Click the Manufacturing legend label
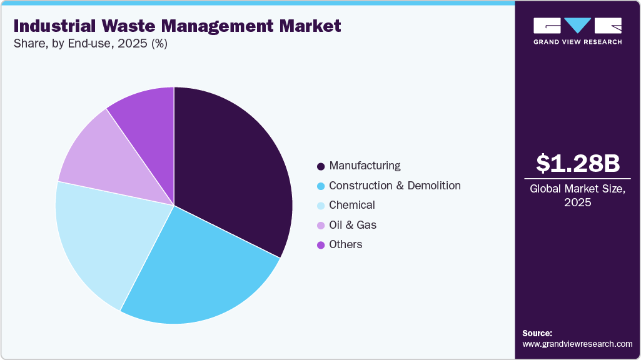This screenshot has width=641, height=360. point(365,166)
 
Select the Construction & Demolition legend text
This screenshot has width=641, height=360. point(395,186)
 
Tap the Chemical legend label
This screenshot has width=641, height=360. point(352,205)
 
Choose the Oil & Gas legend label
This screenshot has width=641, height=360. point(353,225)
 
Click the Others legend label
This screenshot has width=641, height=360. point(346,244)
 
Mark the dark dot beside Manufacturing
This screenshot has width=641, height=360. point(321,166)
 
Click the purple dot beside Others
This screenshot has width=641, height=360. point(321,245)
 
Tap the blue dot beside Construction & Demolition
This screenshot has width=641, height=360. point(321,186)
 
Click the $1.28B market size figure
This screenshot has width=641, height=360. point(578,163)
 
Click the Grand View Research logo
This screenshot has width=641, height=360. point(578,31)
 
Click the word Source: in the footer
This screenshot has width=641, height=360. point(537,333)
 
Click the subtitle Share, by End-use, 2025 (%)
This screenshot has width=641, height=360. point(90,44)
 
